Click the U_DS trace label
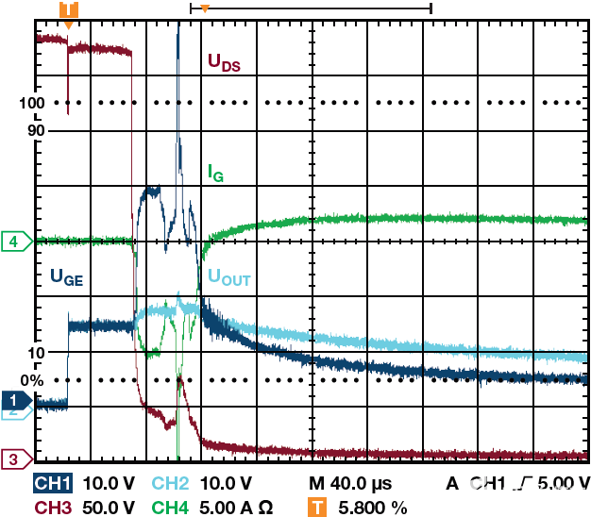(224, 64)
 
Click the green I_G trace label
(215, 173)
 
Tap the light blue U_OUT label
(229, 277)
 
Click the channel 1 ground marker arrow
(14, 400)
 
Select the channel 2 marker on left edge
(12, 412)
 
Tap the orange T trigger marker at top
(68, 10)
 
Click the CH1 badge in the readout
(54, 484)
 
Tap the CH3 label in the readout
(54, 508)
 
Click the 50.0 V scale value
(110, 508)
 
